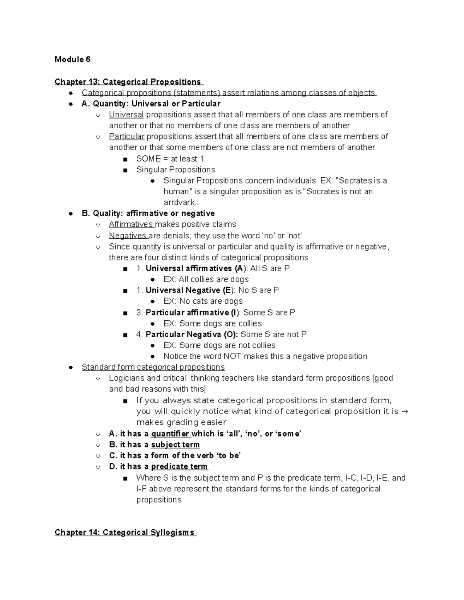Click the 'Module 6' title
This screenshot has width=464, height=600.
click(x=72, y=59)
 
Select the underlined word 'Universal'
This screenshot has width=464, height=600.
click(x=126, y=115)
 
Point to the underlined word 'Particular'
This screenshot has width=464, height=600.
click(x=126, y=136)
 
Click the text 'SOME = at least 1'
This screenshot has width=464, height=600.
click(x=170, y=159)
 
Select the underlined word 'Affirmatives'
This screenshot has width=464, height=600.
click(x=131, y=224)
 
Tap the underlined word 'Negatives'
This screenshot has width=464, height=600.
click(x=128, y=236)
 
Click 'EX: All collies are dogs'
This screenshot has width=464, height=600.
click(x=206, y=279)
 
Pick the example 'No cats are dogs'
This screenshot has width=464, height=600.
click(x=211, y=301)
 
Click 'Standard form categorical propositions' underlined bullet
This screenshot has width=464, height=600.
click(x=153, y=367)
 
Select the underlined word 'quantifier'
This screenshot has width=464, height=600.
click(x=170, y=434)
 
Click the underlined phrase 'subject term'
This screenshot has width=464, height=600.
click(x=175, y=445)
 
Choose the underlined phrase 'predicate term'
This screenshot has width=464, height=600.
click(x=179, y=467)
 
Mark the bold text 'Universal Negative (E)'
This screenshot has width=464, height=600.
click(x=188, y=291)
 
